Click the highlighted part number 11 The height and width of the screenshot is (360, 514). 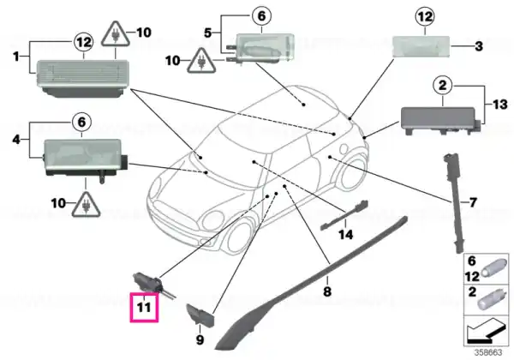click(x=144, y=307)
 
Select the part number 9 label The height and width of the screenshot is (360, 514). click(x=200, y=339)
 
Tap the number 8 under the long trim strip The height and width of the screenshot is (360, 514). click(x=327, y=291)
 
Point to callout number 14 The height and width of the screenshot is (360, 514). click(x=346, y=234)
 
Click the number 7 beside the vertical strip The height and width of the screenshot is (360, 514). click(x=473, y=202)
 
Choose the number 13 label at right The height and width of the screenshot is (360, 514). click(x=500, y=105)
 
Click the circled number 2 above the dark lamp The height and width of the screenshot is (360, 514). click(x=443, y=85)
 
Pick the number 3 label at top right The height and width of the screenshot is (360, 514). click(x=479, y=46)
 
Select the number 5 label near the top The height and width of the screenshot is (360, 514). click(x=208, y=33)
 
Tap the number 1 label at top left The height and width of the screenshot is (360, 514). click(x=16, y=57)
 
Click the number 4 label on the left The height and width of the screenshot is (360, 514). click(x=16, y=140)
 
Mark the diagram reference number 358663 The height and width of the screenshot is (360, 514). click(x=488, y=353)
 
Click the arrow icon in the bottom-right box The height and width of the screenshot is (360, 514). click(x=486, y=332)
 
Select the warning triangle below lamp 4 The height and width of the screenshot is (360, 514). click(x=86, y=205)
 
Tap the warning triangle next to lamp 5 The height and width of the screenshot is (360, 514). click(x=201, y=62)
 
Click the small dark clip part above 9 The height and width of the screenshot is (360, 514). click(x=200, y=315)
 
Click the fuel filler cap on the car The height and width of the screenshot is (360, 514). click(x=344, y=148)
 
